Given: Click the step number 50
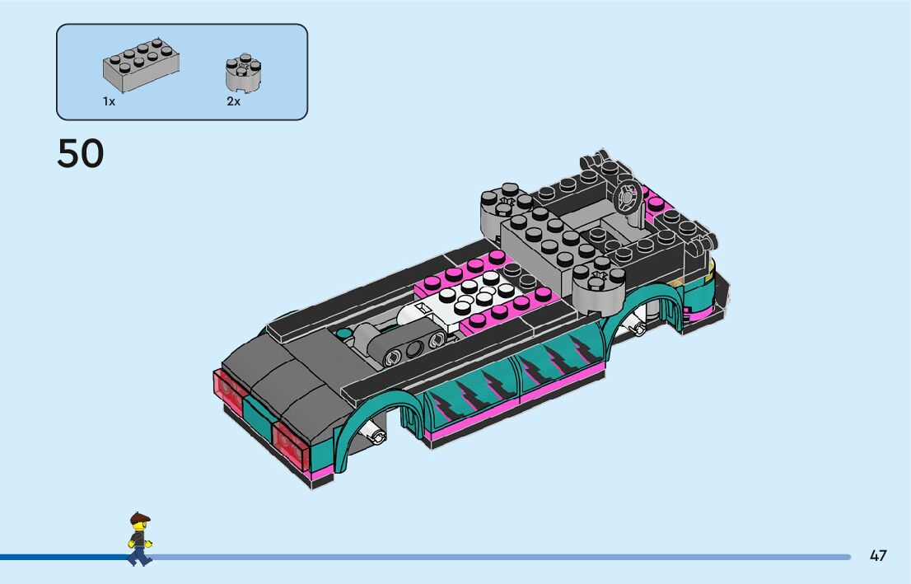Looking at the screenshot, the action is (x=80, y=153).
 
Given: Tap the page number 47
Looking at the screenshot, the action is (x=878, y=555).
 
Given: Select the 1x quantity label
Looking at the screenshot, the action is (x=110, y=101).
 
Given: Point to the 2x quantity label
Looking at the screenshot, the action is (x=233, y=101).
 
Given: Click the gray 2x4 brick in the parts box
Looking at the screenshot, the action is (x=141, y=65).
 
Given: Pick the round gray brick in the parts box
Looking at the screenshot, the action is (x=243, y=72).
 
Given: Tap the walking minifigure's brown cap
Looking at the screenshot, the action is (x=140, y=517).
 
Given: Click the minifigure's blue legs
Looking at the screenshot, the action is (x=139, y=555).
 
